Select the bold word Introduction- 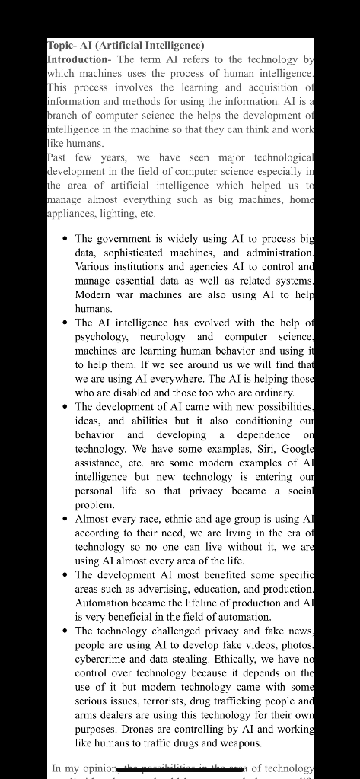(x=78, y=59)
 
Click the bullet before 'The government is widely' (x=65, y=238)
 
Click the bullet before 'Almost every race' (x=65, y=519)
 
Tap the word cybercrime (x=103, y=659)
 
